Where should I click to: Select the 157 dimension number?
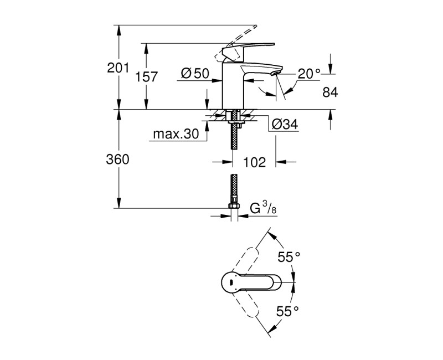[x=146, y=77]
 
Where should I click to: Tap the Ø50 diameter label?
[x=194, y=73]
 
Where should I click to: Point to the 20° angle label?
[x=309, y=73]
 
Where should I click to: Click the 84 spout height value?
[x=329, y=92]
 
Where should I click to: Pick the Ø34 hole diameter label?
[x=285, y=125]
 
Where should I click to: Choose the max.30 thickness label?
[x=176, y=134]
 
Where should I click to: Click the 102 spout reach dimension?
[x=254, y=162]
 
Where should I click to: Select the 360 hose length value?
[x=117, y=160]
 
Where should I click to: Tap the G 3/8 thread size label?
[x=262, y=209]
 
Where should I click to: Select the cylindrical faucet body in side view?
[x=233, y=86]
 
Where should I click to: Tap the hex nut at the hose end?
[x=234, y=207]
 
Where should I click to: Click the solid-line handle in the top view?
[x=252, y=283]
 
